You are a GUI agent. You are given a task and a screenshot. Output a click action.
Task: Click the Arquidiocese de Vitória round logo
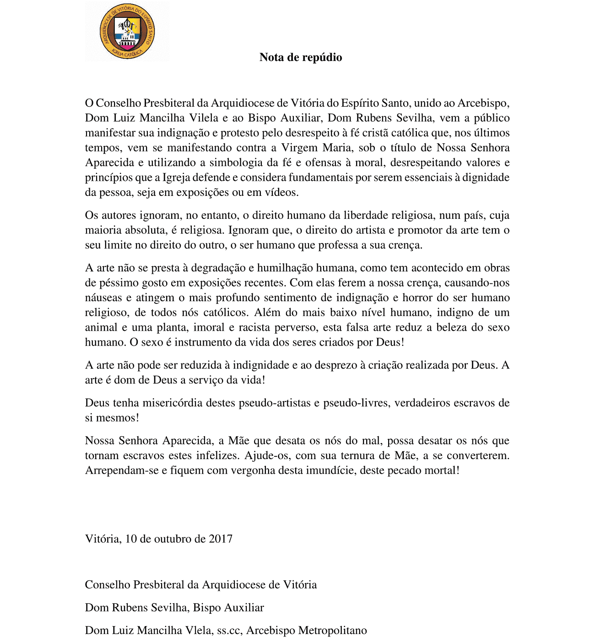coord(127,32)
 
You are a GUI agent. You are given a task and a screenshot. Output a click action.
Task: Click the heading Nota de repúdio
coord(301,57)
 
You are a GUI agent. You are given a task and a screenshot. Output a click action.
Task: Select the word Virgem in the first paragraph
coord(300,148)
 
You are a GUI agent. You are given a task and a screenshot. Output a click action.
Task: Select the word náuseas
coord(103,298)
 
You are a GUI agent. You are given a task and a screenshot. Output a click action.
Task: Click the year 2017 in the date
coord(221,539)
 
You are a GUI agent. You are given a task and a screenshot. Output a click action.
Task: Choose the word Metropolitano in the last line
coord(333,631)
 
